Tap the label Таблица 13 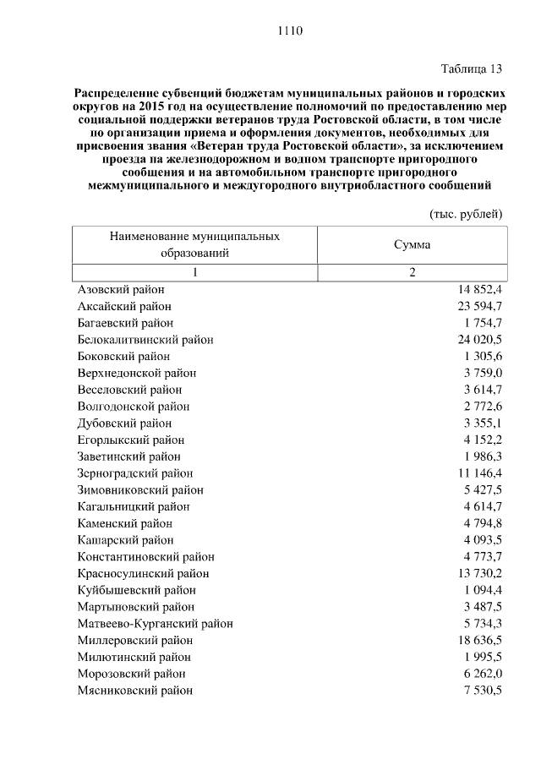point(471,68)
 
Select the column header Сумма point(412,244)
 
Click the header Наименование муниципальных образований point(194,244)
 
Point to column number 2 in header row point(413,272)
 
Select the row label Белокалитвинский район point(145,340)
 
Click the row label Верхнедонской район point(137,373)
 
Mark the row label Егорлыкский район point(130,440)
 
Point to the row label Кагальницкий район point(133,506)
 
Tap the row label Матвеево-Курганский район point(155,624)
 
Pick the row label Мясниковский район point(134,691)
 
